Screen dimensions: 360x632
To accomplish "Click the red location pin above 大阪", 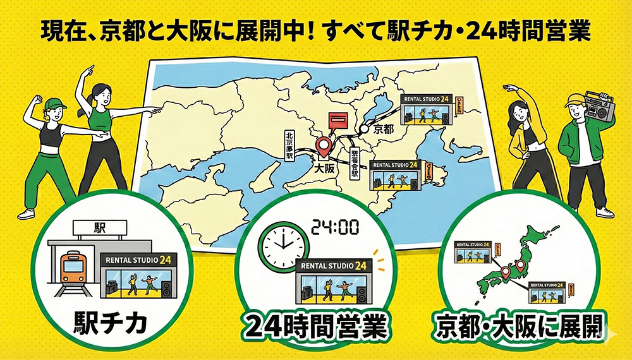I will (324, 146).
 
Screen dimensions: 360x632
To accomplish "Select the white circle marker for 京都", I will (365, 128).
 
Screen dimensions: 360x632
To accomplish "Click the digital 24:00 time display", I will (336, 226).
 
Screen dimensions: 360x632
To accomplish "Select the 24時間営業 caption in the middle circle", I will (316, 328).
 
